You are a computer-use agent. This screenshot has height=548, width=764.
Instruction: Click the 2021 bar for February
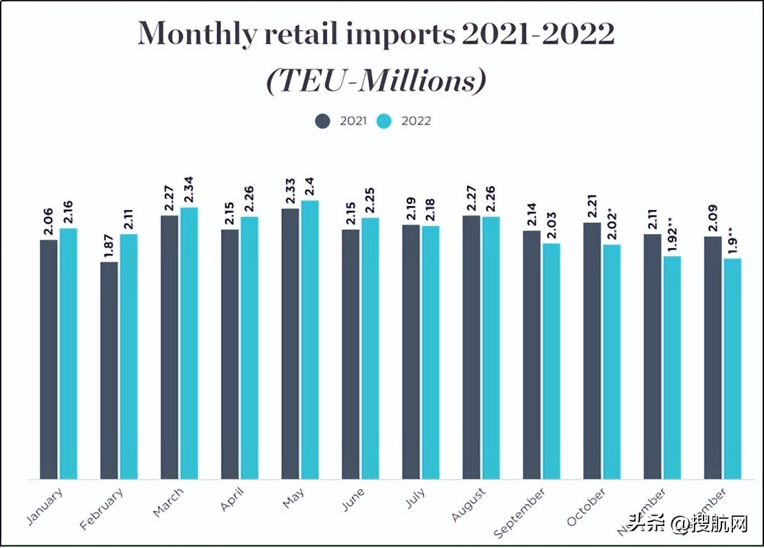coord(109,370)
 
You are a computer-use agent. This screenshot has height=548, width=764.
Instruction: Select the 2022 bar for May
coord(310,339)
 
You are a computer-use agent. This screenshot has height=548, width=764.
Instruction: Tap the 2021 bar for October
coord(592,350)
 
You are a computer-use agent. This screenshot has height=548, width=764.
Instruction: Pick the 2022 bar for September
coord(551,361)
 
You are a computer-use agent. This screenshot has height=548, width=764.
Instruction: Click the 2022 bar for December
coord(732,368)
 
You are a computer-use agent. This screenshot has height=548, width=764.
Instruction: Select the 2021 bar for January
coord(49,359)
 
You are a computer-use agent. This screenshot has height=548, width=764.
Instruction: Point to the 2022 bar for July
coord(431,352)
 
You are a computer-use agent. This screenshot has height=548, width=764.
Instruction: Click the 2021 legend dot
coord(323,121)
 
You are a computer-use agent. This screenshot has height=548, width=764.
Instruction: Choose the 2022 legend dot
coord(385,121)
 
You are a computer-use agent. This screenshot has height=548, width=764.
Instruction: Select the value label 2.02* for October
coord(611,225)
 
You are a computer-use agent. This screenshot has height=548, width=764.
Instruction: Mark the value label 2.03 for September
coord(551,227)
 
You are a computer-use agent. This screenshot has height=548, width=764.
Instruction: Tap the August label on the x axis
coord(470,505)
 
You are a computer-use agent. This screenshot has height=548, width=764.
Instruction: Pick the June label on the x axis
coord(352,501)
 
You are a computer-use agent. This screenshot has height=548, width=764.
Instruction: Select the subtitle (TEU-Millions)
coord(376,81)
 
